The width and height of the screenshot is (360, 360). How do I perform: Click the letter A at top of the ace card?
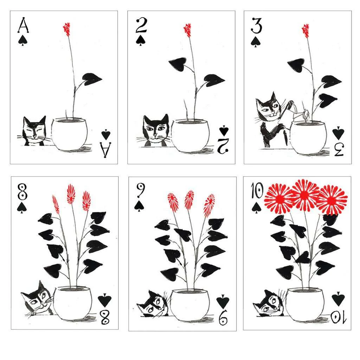click(23, 26)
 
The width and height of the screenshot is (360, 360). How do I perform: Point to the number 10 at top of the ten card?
click(257, 193)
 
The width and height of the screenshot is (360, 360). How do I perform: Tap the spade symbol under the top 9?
click(140, 206)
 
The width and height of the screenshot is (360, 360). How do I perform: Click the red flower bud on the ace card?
click(66, 28)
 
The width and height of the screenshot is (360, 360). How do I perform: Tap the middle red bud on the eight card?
click(71, 194)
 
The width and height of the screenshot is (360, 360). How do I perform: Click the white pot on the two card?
click(190, 135)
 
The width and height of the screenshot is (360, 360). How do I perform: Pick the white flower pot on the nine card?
click(190, 304)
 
